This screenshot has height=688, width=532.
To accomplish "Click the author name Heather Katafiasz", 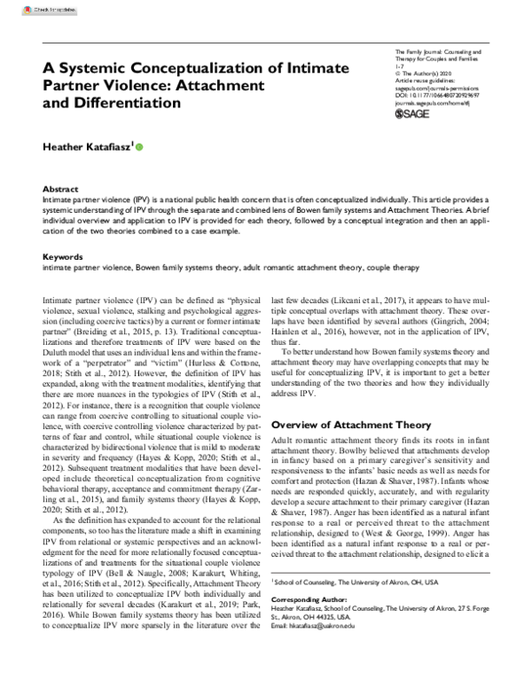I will tap(89, 146).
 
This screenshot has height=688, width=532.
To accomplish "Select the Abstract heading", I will tap(60, 190).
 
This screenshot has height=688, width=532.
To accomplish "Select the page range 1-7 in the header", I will tap(398, 66).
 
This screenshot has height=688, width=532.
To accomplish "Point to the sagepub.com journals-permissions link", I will tap(439, 89).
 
